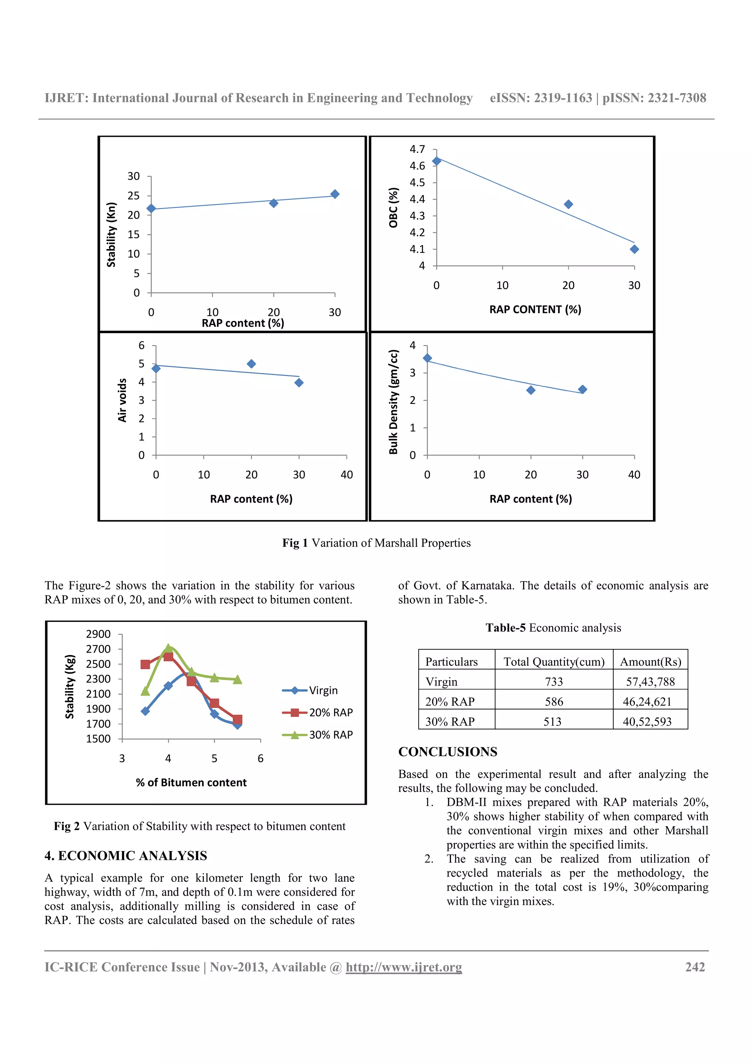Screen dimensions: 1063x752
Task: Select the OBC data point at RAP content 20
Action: pos(568,204)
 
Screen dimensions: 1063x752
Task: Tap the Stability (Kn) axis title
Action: pos(111,235)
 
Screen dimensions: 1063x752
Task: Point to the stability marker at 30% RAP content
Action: pos(335,194)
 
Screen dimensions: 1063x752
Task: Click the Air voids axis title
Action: pos(122,400)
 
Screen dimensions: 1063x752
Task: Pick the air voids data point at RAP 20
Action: pos(251,364)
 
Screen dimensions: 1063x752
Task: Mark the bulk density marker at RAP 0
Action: pos(427,358)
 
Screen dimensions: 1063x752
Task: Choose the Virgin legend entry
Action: pos(310,690)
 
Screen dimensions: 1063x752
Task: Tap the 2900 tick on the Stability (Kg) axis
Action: pos(98,634)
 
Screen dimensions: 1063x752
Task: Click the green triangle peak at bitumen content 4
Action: pos(168,648)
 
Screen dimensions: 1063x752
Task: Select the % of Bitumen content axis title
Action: pos(191,782)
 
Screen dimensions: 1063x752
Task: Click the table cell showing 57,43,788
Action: pos(650,682)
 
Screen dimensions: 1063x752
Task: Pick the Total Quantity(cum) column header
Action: pos(554,662)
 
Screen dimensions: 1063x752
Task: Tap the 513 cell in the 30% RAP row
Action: pos(552,721)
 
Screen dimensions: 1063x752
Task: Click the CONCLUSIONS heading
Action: pos(448,752)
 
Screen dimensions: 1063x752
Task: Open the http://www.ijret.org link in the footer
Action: pos(404,967)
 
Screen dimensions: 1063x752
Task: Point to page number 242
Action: pos(695,967)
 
